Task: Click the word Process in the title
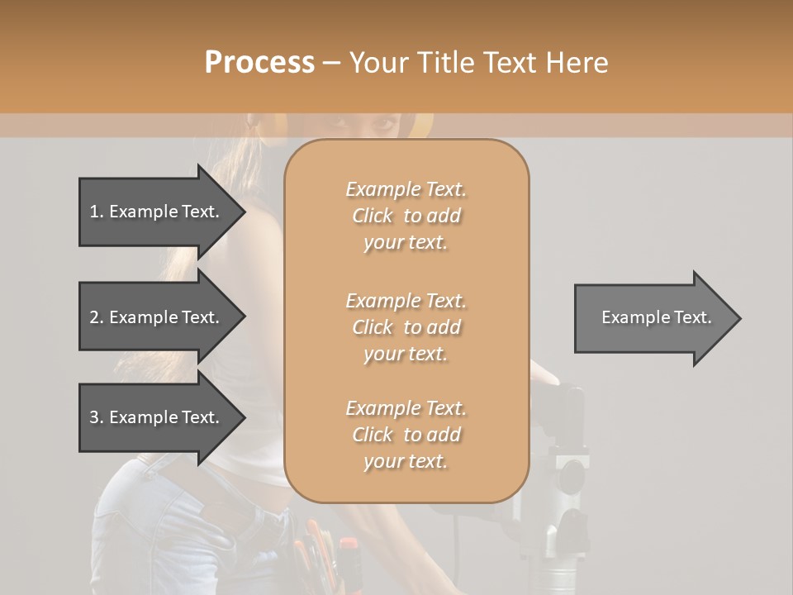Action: [259, 63]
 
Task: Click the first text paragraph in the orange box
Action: [406, 216]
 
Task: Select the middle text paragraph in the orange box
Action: [406, 327]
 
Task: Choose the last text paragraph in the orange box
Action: [406, 435]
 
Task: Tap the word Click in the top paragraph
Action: [373, 216]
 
